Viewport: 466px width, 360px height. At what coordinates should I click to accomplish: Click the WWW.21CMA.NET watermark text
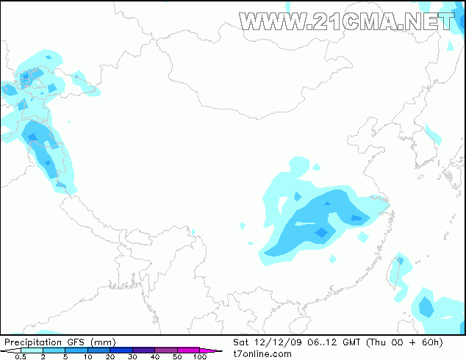click(347, 21)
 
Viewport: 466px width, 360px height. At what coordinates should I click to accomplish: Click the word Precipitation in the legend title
click(32, 342)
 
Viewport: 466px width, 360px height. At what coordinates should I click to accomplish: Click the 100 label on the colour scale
click(199, 356)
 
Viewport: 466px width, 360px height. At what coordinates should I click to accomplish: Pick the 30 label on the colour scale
click(132, 356)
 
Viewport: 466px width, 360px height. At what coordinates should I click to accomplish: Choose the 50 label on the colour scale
click(177, 356)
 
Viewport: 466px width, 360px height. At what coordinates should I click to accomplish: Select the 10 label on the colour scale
click(87, 356)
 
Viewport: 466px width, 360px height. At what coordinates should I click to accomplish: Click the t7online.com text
click(262, 353)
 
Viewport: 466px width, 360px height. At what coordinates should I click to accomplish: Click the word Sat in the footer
click(242, 342)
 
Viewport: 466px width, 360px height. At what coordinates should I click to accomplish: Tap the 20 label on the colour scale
click(110, 356)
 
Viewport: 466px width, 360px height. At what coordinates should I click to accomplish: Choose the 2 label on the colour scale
click(43, 356)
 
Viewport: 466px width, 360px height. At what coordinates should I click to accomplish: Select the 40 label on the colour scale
click(154, 356)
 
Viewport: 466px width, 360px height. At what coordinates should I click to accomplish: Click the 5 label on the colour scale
click(65, 356)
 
